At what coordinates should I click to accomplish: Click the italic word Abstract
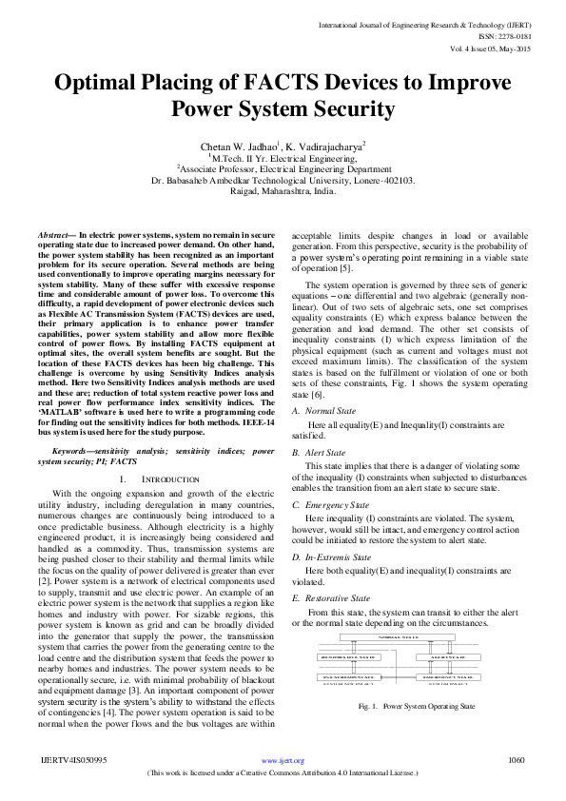(x=55, y=233)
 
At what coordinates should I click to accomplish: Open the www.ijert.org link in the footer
(x=283, y=760)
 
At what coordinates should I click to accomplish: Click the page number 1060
(x=517, y=760)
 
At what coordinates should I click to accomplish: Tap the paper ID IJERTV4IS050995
(x=73, y=760)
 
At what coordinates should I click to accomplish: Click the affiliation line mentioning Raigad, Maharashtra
(x=283, y=190)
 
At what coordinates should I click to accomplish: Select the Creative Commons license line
(x=283, y=773)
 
